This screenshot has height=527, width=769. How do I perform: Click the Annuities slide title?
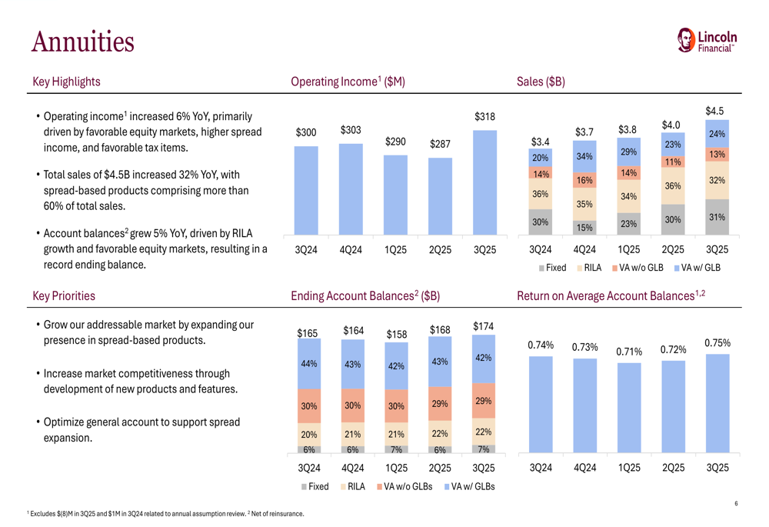[x=82, y=41]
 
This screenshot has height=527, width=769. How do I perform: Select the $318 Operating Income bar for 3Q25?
[x=484, y=182]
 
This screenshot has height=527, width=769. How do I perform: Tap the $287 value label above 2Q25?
[x=440, y=144]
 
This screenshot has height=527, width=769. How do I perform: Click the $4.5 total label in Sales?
[x=716, y=112]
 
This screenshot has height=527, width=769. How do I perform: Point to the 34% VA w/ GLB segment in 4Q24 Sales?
[x=584, y=157]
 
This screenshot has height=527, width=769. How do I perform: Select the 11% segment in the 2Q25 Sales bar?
[x=673, y=162]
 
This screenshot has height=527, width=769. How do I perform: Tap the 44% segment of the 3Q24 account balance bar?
[x=308, y=364]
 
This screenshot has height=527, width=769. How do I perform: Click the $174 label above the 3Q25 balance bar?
[x=483, y=327]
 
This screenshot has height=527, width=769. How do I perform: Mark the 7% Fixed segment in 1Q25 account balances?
[x=396, y=449]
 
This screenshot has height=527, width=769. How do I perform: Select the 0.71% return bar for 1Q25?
[x=628, y=407]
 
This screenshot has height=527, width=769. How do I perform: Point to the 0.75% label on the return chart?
[x=717, y=343]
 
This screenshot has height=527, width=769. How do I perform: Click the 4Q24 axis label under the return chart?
[x=584, y=467]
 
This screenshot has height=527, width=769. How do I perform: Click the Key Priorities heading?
[x=64, y=295]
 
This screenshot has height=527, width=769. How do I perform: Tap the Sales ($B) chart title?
[x=541, y=82]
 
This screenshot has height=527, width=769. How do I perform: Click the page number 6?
[x=736, y=504]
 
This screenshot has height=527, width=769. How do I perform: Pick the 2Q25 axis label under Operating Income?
[x=440, y=250]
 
